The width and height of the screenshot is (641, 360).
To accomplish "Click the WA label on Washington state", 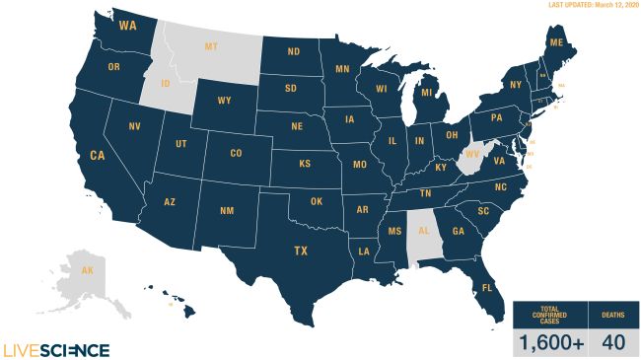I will click(x=127, y=27).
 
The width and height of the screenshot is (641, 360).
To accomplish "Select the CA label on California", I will click(x=98, y=155).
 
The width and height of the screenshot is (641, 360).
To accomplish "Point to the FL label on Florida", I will click(x=487, y=288).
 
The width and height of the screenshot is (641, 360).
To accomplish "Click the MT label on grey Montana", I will click(x=211, y=46).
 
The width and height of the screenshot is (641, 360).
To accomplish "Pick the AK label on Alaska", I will click(x=88, y=270).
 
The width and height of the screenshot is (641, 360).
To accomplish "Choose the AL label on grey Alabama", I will click(x=424, y=234).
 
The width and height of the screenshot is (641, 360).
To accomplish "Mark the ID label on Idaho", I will click(x=166, y=83).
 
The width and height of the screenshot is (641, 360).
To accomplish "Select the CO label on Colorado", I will click(x=236, y=153).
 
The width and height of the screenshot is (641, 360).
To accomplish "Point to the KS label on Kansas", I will click(x=306, y=163).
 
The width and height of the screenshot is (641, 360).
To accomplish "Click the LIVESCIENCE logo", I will click(x=56, y=349).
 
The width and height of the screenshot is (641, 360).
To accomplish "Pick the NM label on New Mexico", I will click(x=226, y=211).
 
